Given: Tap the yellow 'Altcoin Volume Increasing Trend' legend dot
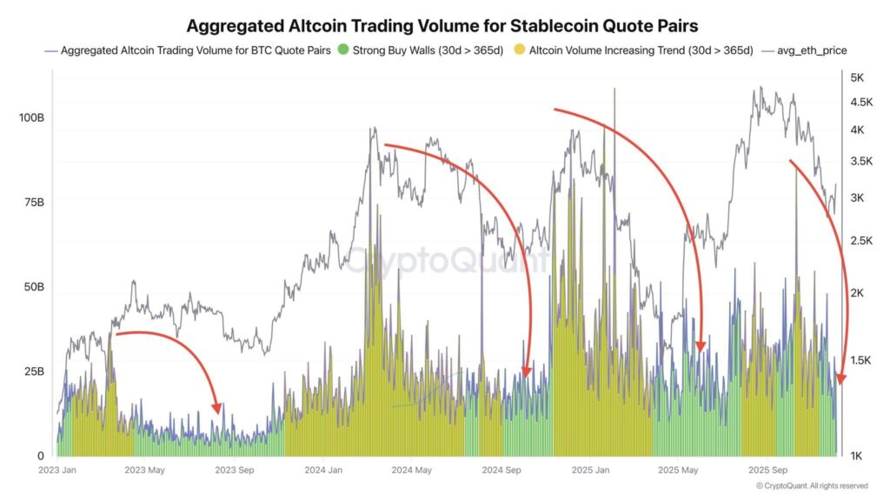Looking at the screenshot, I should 520,50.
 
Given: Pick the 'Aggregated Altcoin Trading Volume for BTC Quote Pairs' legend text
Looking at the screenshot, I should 196,50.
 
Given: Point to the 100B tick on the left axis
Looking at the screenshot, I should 30,117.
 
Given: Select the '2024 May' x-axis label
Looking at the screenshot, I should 412,471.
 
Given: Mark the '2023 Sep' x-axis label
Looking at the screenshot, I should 236,471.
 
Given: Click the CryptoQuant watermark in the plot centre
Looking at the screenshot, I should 448,259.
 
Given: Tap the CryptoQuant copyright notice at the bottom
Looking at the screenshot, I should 811,485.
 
